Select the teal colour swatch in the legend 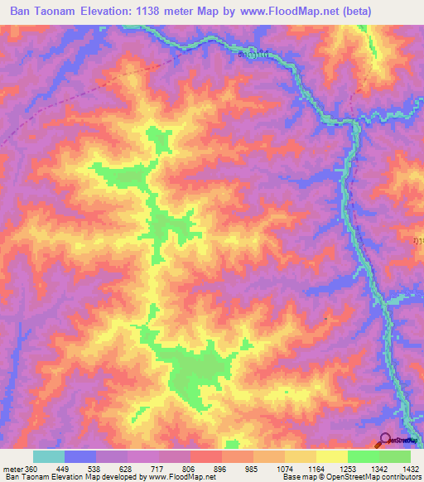(x=48, y=456)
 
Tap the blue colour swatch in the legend (x=80, y=456)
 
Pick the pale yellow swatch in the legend (x=330, y=456)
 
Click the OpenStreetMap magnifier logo (x=384, y=440)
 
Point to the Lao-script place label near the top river (x=252, y=56)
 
